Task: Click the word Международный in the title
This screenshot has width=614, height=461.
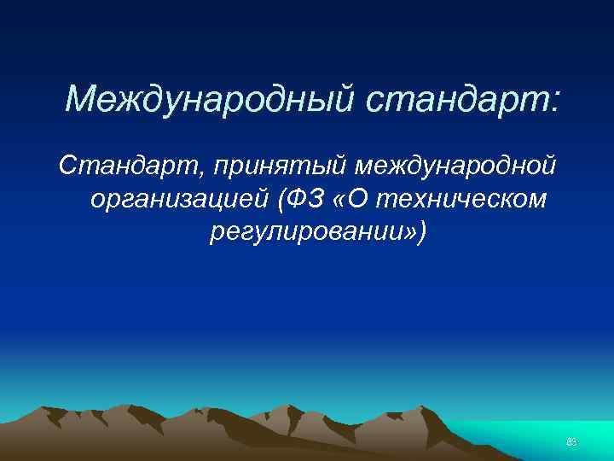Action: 209,100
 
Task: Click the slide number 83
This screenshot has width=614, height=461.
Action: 572,441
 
